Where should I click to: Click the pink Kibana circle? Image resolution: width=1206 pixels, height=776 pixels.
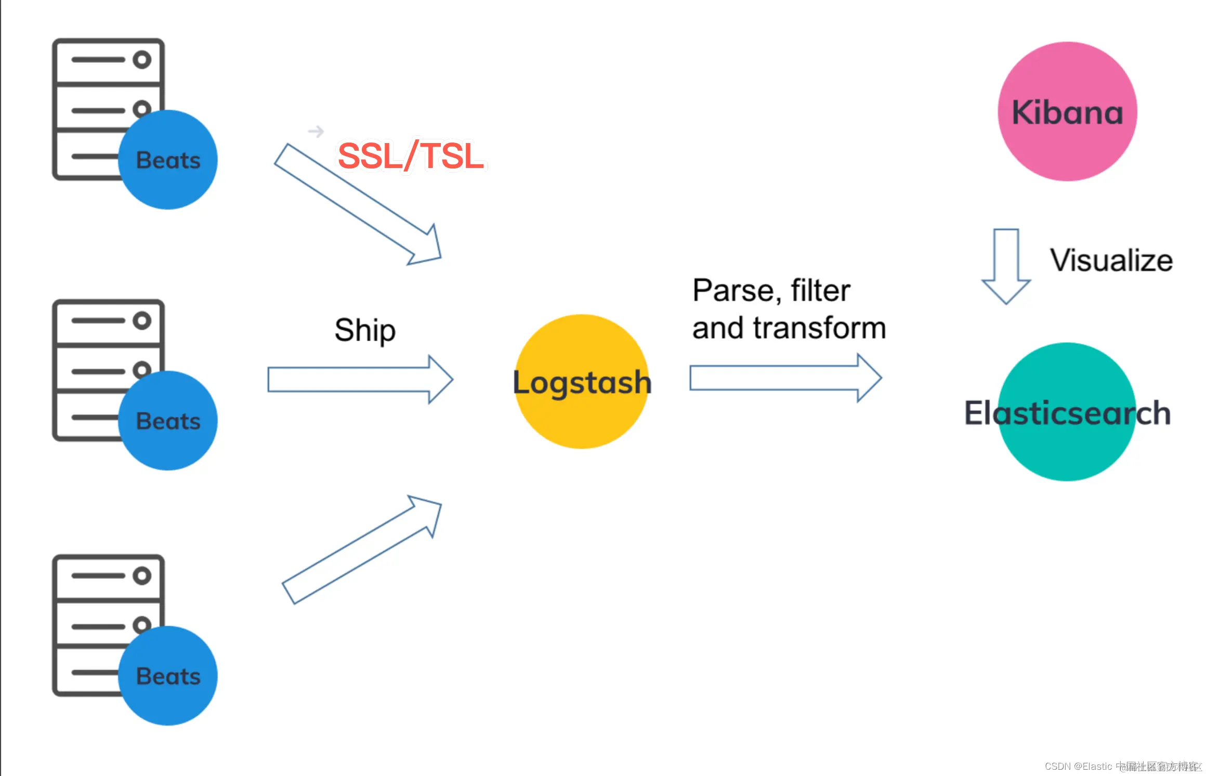pyautogui.click(x=1067, y=111)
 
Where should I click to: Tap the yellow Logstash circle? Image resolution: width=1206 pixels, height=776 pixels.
pyautogui.click(x=582, y=381)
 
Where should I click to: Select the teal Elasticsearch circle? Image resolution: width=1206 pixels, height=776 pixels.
pyautogui.click(x=1067, y=412)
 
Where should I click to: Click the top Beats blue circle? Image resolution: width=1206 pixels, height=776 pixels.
pyautogui.click(x=167, y=160)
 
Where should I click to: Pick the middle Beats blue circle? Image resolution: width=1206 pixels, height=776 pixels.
pyautogui.click(x=167, y=421)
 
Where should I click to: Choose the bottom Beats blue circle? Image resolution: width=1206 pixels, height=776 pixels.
pyautogui.click(x=167, y=676)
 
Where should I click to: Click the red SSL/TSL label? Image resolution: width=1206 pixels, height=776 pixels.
pyautogui.click(x=411, y=156)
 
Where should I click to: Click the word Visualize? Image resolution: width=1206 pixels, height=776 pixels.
pyautogui.click(x=1111, y=260)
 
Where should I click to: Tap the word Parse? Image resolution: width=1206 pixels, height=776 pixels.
pyautogui.click(x=736, y=290)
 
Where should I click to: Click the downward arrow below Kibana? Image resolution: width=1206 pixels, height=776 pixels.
pyautogui.click(x=1006, y=265)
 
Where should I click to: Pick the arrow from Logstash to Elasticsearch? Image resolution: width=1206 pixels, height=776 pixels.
pyautogui.click(x=785, y=378)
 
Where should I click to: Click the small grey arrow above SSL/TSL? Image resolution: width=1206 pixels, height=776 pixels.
pyautogui.click(x=316, y=131)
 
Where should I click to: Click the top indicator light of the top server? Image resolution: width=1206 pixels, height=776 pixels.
pyautogui.click(x=141, y=60)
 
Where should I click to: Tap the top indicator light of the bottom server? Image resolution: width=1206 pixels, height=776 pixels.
pyautogui.click(x=141, y=576)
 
